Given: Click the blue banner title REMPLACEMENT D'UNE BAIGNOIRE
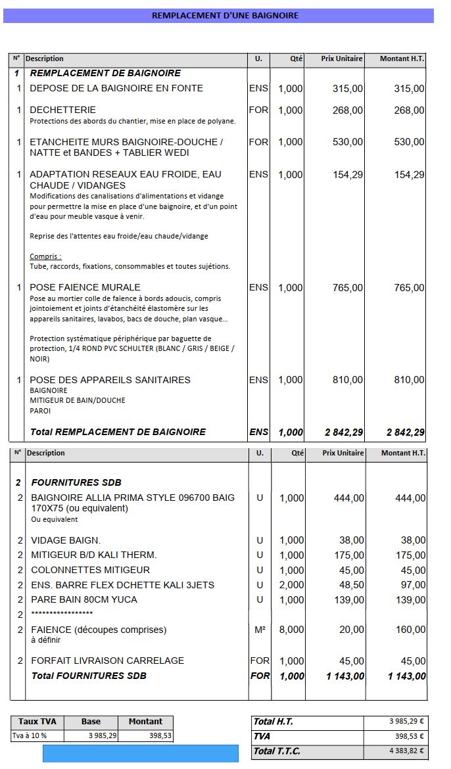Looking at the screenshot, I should [225, 15].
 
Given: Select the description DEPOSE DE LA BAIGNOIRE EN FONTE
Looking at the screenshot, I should [116, 88].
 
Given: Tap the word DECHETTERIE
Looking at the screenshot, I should [62, 110].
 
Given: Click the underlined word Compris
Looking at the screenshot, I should [45, 256].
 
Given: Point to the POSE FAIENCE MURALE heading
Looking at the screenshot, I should [85, 287].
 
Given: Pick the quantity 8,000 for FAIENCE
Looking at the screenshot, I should [291, 630].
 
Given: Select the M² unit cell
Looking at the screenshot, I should [260, 630].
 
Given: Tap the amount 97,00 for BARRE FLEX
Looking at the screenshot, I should [412, 585].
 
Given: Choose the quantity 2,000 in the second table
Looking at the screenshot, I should [291, 585].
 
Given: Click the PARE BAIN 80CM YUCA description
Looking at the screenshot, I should [84, 599].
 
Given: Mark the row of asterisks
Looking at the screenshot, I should [62, 614].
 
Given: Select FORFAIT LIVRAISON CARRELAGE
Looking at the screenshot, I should [107, 661].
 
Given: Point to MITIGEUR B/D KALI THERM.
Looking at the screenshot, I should [93, 555].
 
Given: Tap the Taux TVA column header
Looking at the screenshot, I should [37, 721].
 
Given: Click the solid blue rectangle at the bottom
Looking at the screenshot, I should [140, 754].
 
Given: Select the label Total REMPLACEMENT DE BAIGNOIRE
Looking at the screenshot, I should [118, 432].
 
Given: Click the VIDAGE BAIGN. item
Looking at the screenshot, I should [66, 540].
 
